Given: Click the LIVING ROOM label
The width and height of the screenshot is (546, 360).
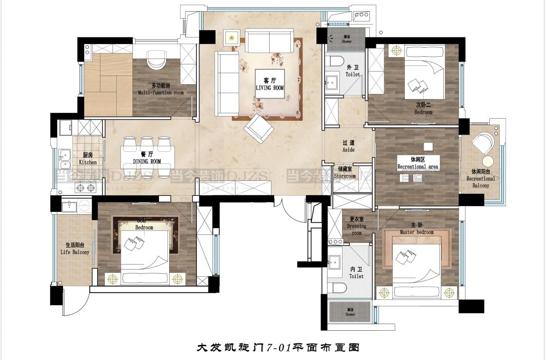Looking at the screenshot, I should tap(270, 84).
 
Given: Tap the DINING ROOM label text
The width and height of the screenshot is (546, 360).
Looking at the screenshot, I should tap(147, 158).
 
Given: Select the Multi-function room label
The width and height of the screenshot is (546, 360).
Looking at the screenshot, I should tap(161, 89).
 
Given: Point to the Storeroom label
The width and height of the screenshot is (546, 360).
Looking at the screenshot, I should tap(345, 173).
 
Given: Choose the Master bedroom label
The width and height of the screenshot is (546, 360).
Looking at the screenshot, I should tap(416, 229).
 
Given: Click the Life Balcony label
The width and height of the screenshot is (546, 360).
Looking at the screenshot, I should tap(75, 249).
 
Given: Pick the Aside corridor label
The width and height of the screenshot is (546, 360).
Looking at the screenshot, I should tap(348, 146).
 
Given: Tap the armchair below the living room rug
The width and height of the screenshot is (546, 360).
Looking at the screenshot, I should tap(258, 127).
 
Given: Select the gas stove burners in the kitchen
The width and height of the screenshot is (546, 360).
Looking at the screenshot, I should tap(86, 188).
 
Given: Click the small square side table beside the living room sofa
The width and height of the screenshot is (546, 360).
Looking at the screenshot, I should tap(233, 39).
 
